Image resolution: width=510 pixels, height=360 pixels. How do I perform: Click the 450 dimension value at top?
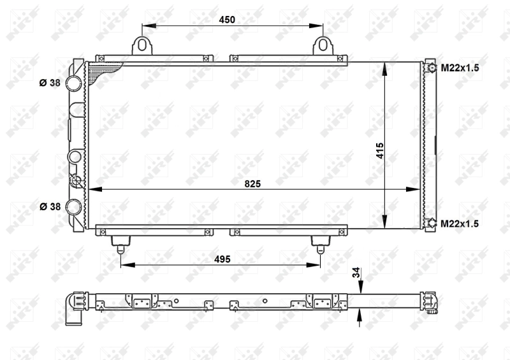pos(227,19)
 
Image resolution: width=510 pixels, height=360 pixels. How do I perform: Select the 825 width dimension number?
pos(253,184)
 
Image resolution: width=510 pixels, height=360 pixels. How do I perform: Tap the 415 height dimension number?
pos(379,151)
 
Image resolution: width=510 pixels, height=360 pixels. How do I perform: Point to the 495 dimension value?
pos(222,259)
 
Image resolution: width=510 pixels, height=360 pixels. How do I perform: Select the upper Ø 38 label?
pos(50,83)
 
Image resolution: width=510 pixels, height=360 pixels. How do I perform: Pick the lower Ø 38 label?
pos(50,206)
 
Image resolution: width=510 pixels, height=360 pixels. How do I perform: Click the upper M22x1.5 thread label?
pos(460,68)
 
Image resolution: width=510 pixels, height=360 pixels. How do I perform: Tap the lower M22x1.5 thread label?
pos(460,223)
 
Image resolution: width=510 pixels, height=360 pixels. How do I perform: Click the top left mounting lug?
pos(142,45)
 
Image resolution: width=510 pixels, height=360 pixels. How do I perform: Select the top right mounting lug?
pos(324,45)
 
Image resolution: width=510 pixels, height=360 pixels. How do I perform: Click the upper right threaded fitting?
pos(431,68)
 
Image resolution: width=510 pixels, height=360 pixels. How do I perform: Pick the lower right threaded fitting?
pos(431,223)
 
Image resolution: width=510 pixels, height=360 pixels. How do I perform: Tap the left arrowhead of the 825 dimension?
pos(91,189)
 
